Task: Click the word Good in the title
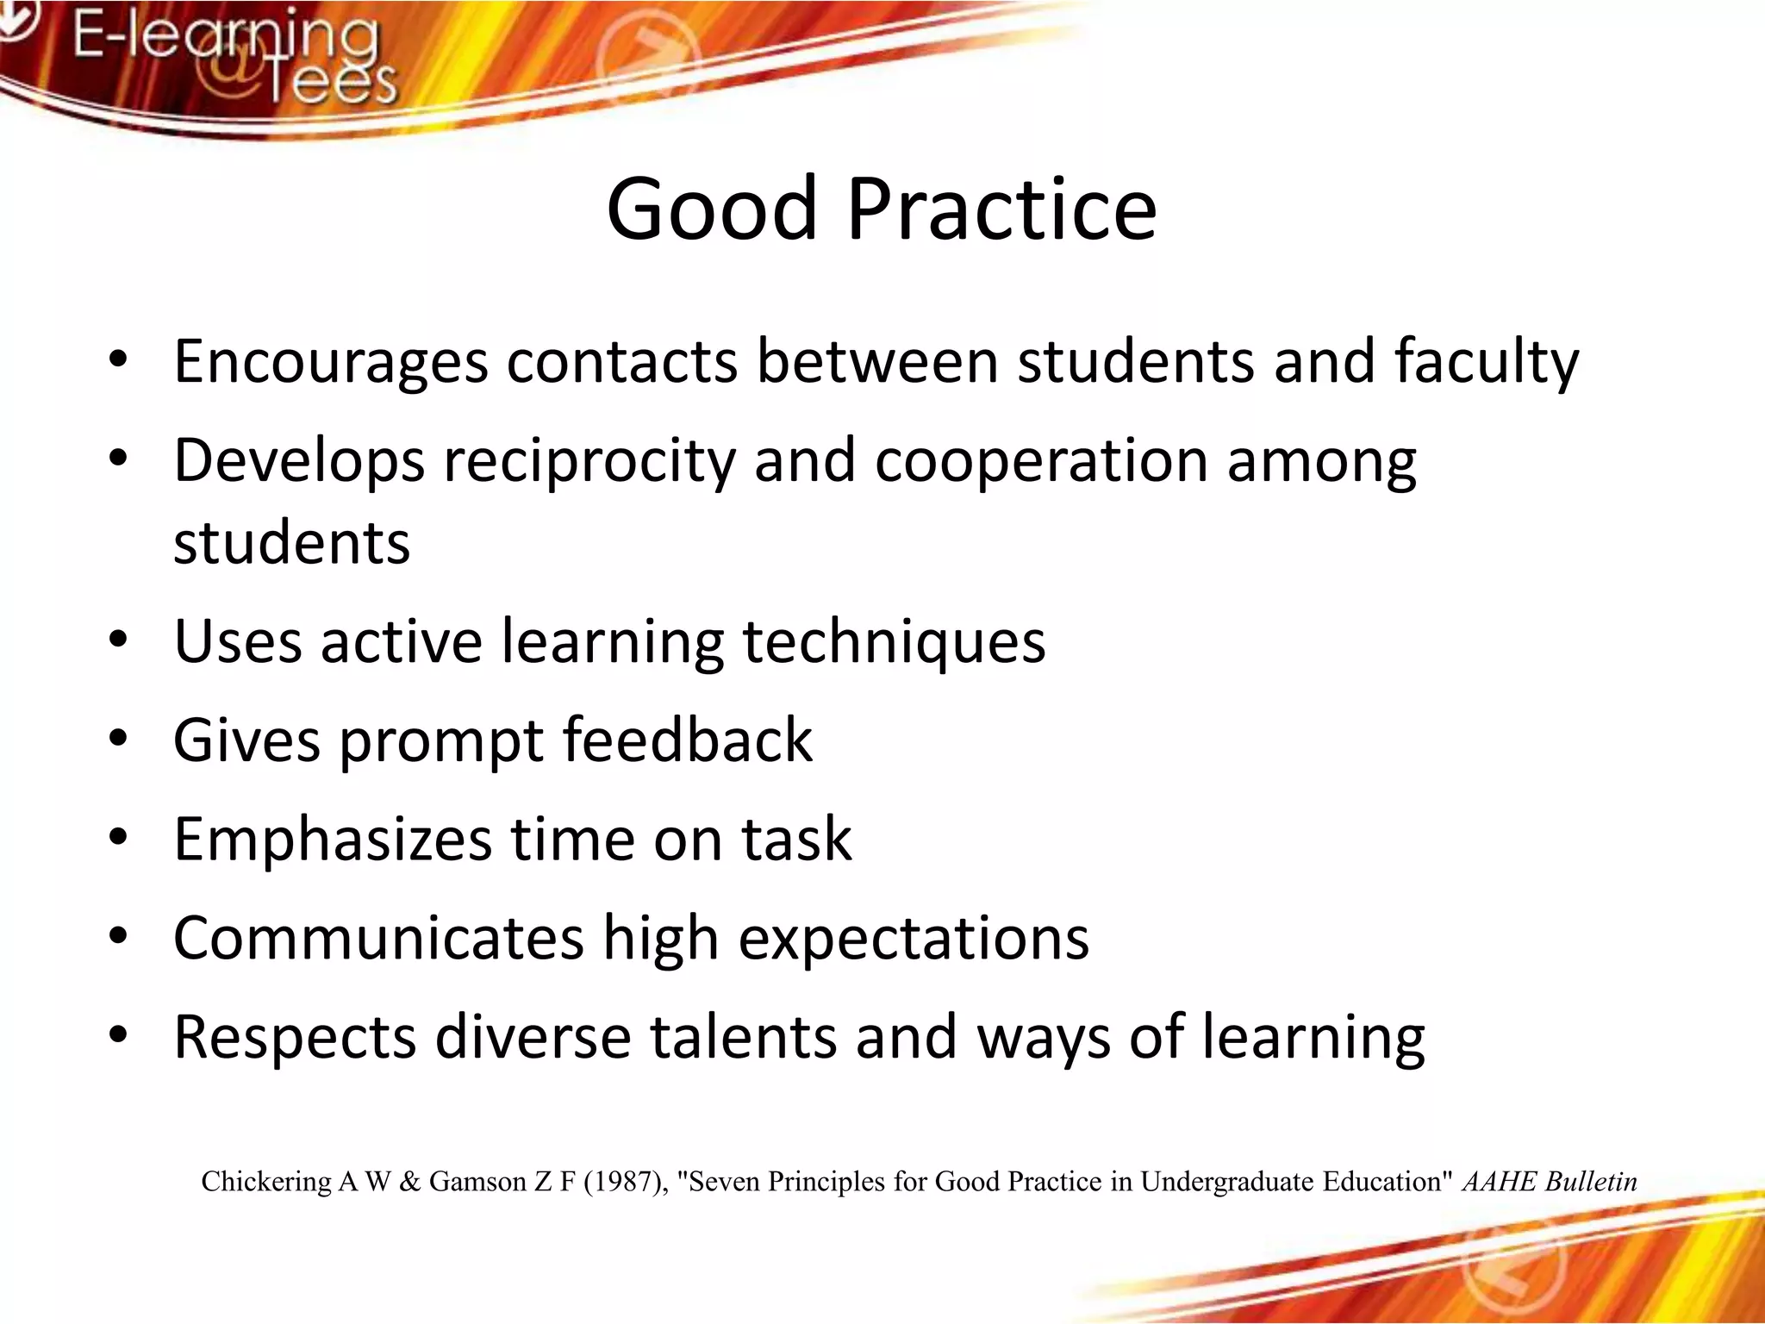[711, 209]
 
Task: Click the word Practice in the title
[1001, 209]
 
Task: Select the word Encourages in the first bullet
[331, 362]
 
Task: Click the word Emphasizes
[332, 840]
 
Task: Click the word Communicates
[378, 939]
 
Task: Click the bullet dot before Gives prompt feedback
[118, 740]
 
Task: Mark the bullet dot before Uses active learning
[118, 640]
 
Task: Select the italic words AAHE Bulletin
[1550, 1182]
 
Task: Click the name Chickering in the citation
[266, 1182]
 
